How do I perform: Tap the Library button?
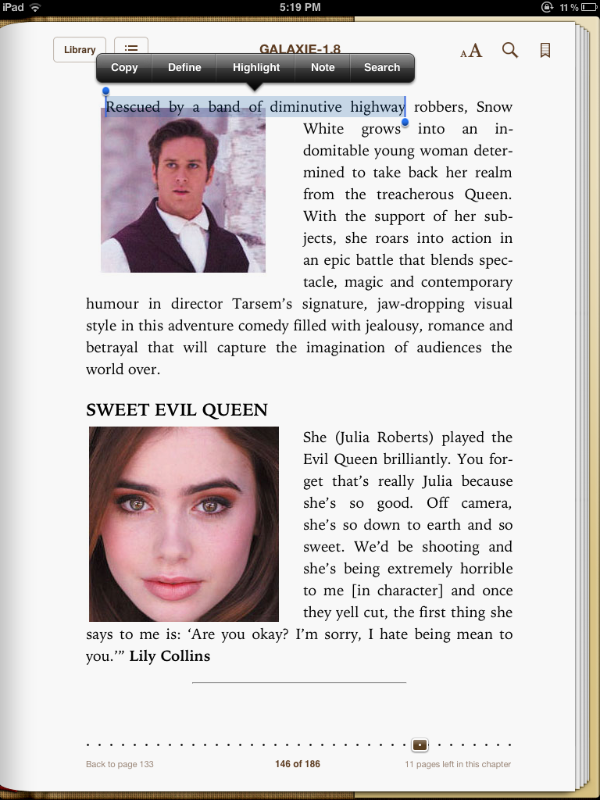[x=80, y=50]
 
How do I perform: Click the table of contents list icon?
[x=131, y=48]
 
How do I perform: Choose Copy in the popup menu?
[x=124, y=68]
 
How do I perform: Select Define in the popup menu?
[x=184, y=68]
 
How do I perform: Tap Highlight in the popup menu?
[x=255, y=68]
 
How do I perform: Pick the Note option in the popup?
[x=323, y=68]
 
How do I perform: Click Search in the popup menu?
[x=382, y=68]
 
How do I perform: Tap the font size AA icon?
[x=471, y=52]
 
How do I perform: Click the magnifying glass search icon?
[x=509, y=51]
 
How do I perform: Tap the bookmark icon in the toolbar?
[x=545, y=51]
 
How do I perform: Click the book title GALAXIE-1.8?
[x=300, y=50]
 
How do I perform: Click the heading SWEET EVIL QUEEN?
[x=177, y=410]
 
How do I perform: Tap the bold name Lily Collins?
[x=170, y=656]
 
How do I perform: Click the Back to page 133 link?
[x=120, y=764]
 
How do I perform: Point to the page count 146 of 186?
[x=298, y=764]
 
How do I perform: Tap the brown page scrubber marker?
[x=420, y=745]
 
